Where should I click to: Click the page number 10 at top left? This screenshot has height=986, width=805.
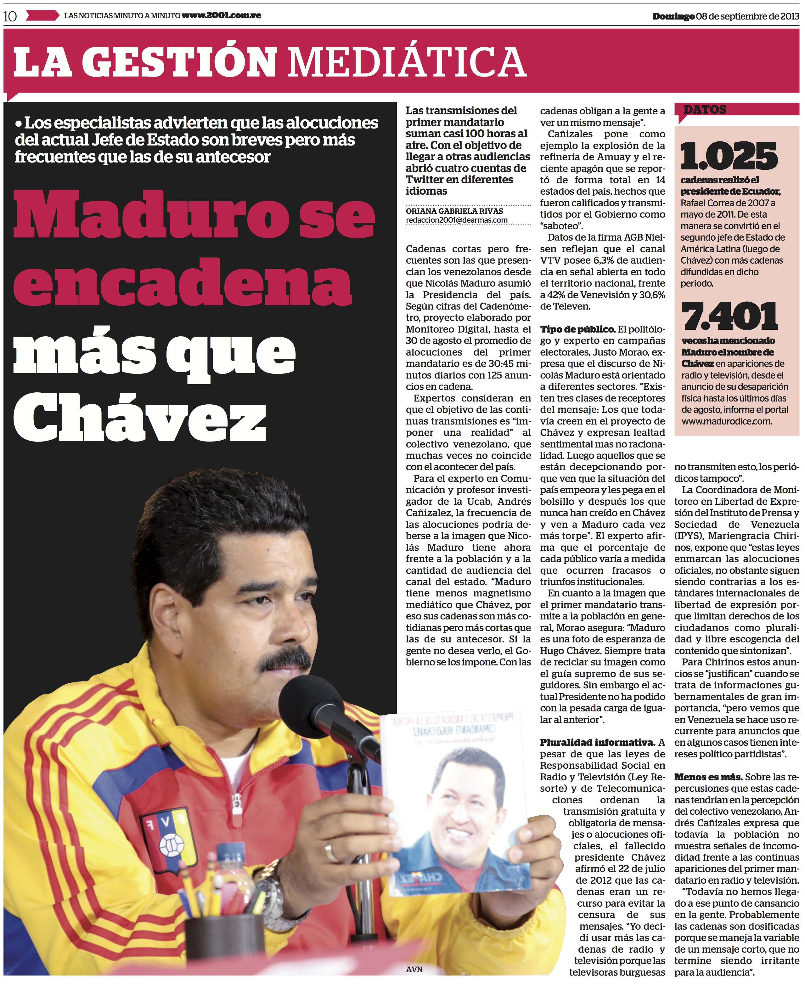coord(10,16)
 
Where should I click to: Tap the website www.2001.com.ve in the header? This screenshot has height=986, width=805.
coord(221,15)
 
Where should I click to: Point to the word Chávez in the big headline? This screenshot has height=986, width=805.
coord(140,417)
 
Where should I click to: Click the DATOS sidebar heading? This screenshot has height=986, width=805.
coord(705,110)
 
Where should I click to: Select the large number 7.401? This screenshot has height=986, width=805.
coord(729,316)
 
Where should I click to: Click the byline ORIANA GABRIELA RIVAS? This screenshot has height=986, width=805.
coord(454,211)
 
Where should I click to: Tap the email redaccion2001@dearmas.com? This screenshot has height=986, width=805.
coord(457,220)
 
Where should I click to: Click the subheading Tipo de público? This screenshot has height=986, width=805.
coord(578,329)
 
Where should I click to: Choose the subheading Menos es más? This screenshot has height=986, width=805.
coord(708,777)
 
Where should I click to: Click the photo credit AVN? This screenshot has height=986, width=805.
coord(414,969)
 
